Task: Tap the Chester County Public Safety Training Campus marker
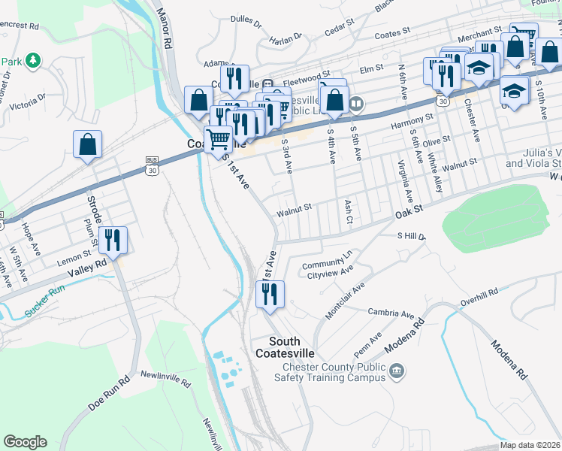point(397,371)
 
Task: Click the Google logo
point(25,442)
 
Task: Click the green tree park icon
point(32,59)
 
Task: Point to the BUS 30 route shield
point(153,166)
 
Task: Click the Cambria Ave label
point(391,313)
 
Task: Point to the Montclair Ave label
point(346,299)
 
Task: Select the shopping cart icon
point(218,139)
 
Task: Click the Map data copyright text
point(530,445)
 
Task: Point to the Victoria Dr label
point(27,101)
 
